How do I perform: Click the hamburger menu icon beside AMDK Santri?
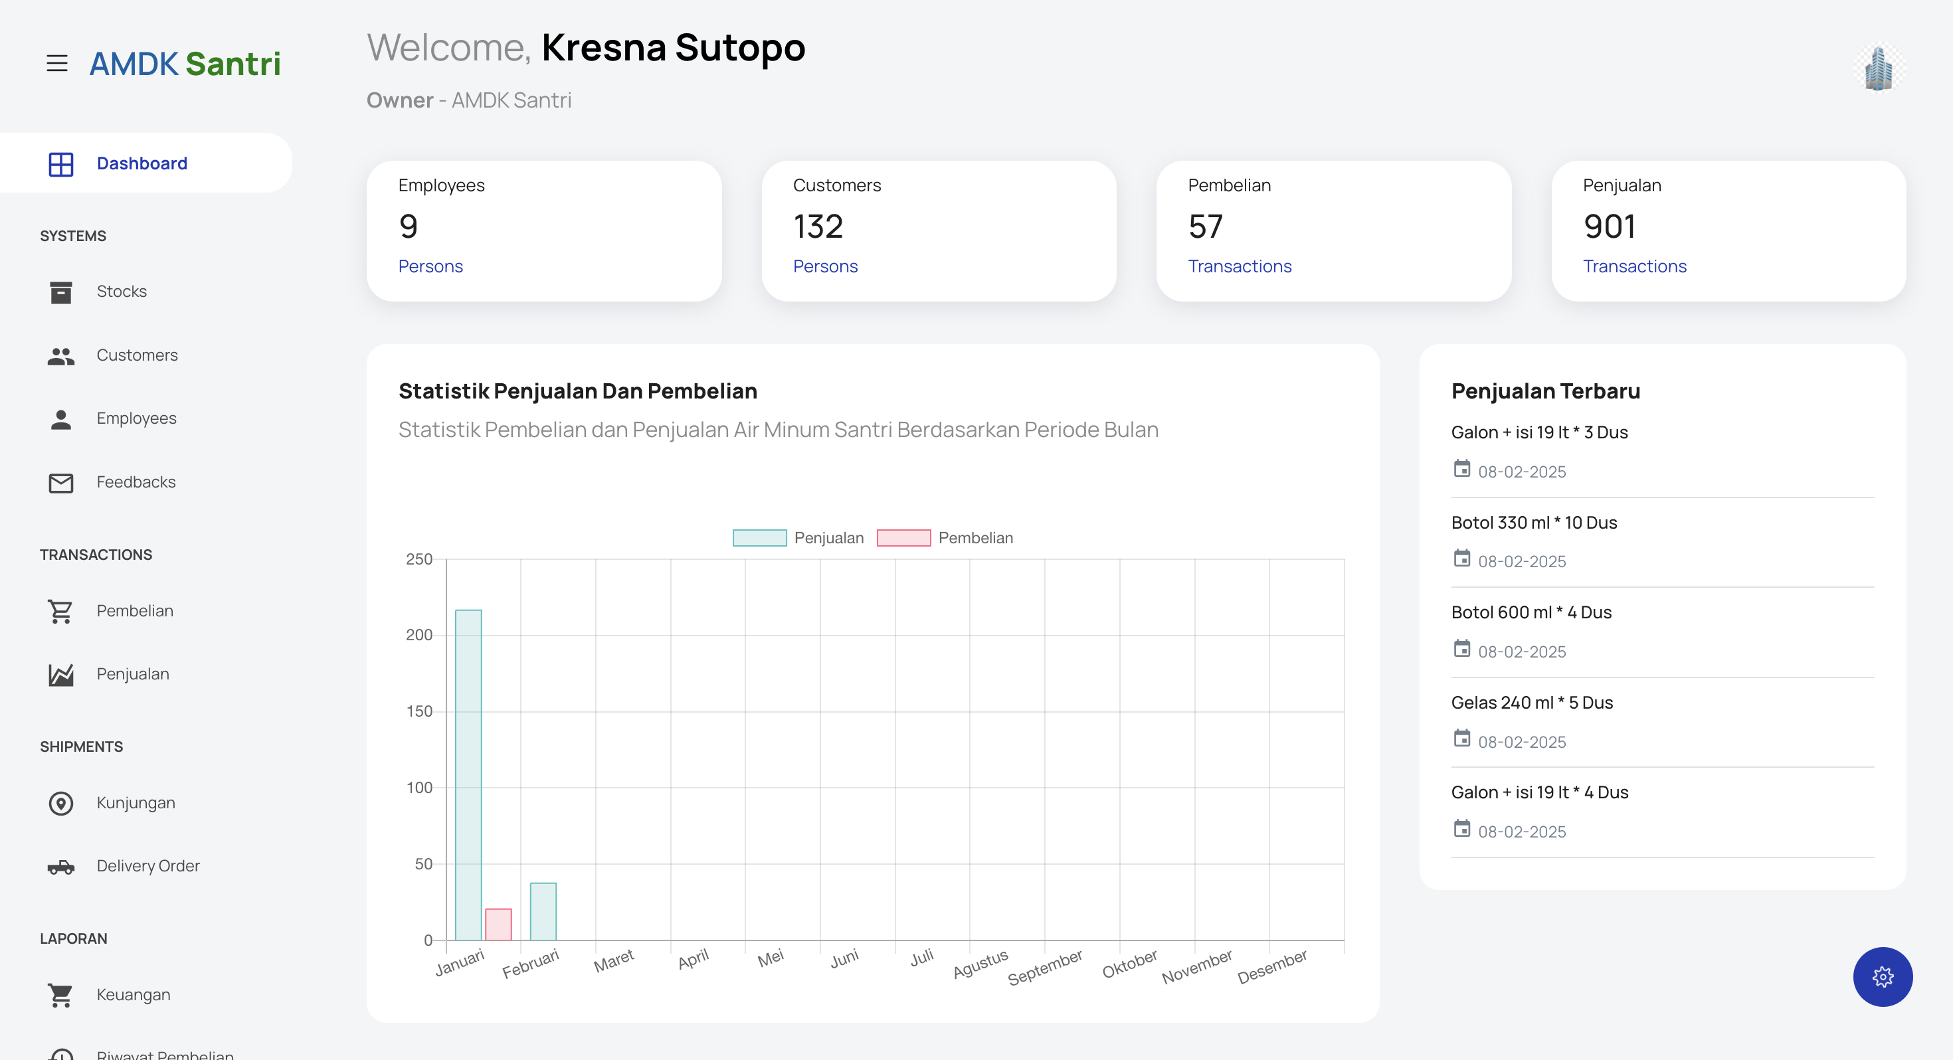tap(57, 63)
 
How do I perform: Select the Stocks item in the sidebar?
tap(122, 291)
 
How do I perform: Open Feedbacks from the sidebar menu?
tap(136, 482)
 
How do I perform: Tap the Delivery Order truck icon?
tap(60, 867)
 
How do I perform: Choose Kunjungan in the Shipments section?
tap(136, 803)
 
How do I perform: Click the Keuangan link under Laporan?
tap(134, 995)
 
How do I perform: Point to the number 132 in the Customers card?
tap(818, 226)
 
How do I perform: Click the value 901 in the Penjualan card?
tap(1609, 226)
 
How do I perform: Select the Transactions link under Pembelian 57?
tap(1240, 266)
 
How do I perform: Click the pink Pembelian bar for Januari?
tap(498, 925)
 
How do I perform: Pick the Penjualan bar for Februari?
tap(543, 911)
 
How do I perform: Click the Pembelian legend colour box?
tap(903, 537)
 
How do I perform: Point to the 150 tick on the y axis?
tap(418, 711)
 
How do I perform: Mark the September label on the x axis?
tap(1045, 968)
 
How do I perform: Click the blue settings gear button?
tap(1883, 976)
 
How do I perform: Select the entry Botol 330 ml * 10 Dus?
tap(1534, 523)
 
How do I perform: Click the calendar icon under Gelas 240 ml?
tap(1461, 739)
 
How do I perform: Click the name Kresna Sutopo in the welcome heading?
tap(673, 47)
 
